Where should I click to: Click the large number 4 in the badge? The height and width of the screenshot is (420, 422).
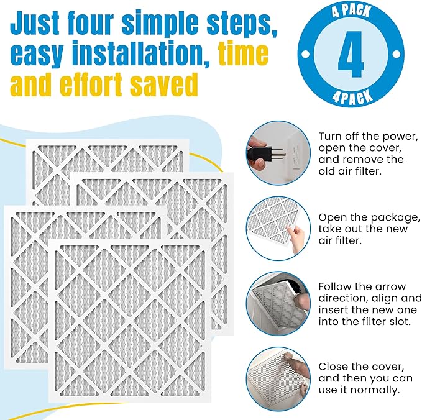351,55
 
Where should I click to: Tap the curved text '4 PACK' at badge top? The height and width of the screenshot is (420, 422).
351,13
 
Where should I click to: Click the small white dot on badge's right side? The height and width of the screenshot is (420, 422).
395,55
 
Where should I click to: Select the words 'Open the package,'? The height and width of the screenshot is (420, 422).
369,217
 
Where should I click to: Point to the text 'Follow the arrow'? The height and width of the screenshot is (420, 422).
362,286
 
